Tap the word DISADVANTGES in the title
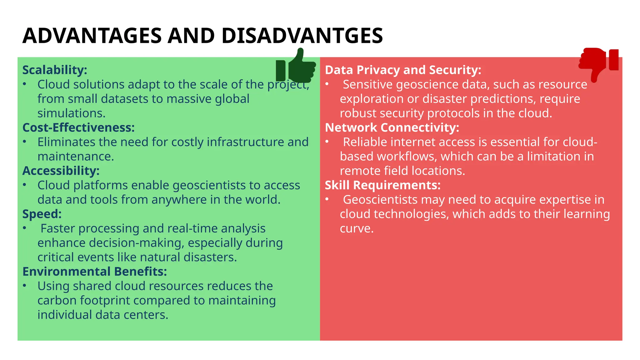click(x=302, y=36)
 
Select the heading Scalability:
click(x=55, y=70)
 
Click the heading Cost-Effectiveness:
click(x=78, y=127)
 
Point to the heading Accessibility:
click(x=61, y=171)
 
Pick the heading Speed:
click(x=42, y=214)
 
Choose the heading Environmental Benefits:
click(x=95, y=272)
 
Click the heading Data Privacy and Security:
click(x=403, y=70)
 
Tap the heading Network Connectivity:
click(x=392, y=127)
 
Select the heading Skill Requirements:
click(x=382, y=185)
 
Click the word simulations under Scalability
click(x=71, y=113)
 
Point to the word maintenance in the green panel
click(x=76, y=156)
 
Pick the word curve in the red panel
click(x=356, y=228)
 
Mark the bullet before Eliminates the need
click(x=25, y=142)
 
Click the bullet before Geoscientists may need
click(x=327, y=199)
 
